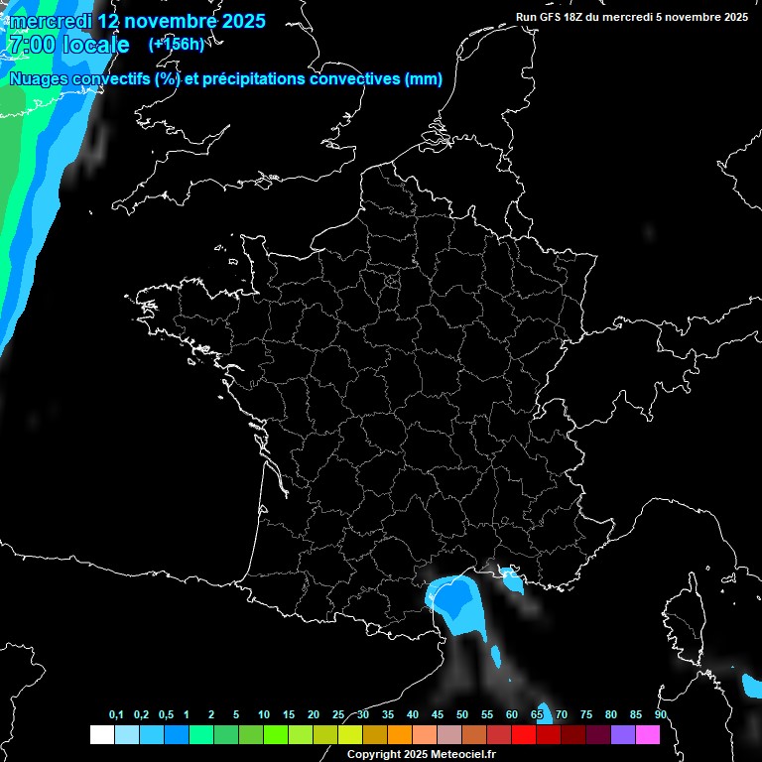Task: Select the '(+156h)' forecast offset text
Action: (x=176, y=44)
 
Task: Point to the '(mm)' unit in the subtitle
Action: (x=424, y=79)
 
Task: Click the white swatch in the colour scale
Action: (x=101, y=734)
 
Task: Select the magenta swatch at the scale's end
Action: (x=648, y=734)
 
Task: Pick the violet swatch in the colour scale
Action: (x=623, y=734)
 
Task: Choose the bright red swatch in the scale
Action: (x=524, y=734)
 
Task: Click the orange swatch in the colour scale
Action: (x=400, y=734)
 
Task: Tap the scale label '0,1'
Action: (x=116, y=715)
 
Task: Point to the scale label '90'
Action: (x=660, y=715)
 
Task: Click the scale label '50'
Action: (x=462, y=715)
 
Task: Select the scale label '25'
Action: (x=338, y=715)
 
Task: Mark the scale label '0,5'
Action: (x=165, y=715)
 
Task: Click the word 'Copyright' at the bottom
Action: (x=374, y=755)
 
